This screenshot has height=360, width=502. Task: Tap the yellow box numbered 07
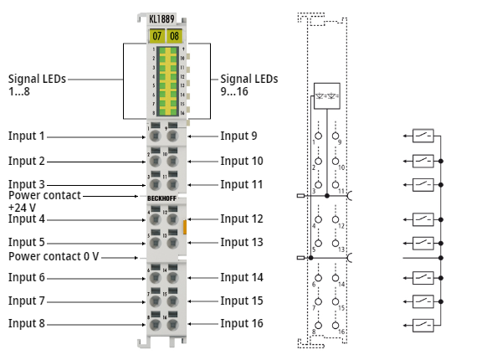point(156,35)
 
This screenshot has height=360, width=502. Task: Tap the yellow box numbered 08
point(174,35)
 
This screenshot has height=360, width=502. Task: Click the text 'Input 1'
point(27,136)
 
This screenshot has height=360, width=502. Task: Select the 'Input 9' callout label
point(238,136)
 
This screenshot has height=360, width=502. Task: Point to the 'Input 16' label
point(242,323)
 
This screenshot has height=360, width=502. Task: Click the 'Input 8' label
point(27,323)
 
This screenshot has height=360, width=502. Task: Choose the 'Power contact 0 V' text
point(54,256)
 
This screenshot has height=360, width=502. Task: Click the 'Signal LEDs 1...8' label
point(37,85)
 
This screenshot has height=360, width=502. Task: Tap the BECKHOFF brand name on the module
point(165,197)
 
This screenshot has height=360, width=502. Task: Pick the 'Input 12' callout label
point(242,219)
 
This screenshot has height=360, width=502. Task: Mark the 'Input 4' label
point(27,219)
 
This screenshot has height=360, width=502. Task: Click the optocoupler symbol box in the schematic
point(326,95)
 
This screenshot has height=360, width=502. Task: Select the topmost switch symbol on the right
point(423,135)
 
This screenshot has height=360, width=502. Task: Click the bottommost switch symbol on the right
point(423,325)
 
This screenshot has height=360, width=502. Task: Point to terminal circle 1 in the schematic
point(319,135)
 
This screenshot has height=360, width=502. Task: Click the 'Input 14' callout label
point(242,277)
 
